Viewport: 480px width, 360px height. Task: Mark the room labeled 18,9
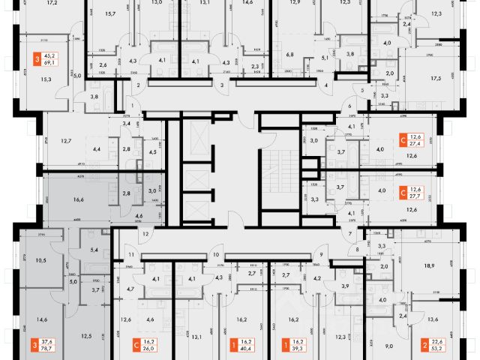pos(430,266)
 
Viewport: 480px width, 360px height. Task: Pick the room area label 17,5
pos(433,77)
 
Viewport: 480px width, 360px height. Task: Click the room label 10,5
pos(41,260)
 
